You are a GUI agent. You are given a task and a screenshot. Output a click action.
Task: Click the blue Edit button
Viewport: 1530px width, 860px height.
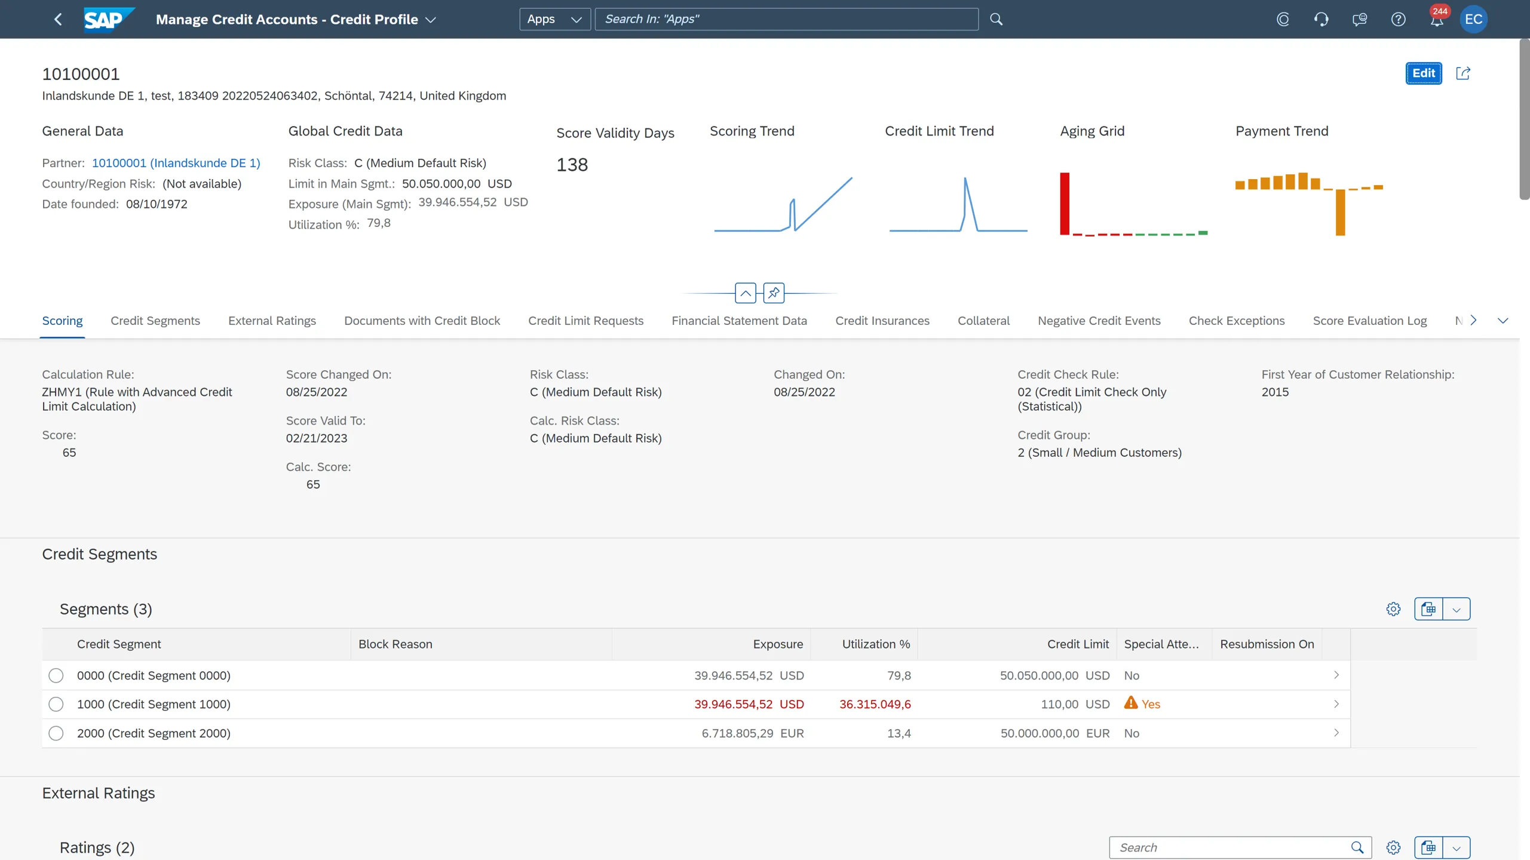click(1423, 73)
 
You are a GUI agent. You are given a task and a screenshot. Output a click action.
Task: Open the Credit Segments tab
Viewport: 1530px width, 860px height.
click(155, 321)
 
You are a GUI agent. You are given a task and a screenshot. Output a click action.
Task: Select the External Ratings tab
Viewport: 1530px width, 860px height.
click(272, 321)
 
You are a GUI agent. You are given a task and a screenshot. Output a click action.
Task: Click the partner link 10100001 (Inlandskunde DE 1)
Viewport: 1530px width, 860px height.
click(176, 163)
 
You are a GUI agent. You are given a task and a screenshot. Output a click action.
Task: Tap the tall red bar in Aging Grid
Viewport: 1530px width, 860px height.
click(1065, 204)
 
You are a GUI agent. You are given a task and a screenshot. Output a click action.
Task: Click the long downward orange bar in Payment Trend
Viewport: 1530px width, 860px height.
click(1340, 212)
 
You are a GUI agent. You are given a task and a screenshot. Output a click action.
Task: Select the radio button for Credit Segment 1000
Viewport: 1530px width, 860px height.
click(56, 704)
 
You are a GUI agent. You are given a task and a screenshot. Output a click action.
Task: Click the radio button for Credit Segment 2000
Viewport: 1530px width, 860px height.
click(56, 733)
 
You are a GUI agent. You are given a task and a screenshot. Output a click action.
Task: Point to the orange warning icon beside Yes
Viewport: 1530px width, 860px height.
click(1130, 703)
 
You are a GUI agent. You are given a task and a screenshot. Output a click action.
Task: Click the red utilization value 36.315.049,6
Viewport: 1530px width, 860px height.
click(875, 704)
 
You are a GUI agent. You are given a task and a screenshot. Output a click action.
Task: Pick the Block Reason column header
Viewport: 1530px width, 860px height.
click(395, 644)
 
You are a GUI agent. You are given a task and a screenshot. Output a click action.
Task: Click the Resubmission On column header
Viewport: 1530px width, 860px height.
click(1267, 644)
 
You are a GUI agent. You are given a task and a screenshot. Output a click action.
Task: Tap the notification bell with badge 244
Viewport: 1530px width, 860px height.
click(1436, 20)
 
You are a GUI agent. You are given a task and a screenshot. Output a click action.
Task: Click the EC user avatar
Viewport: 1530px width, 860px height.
click(1473, 19)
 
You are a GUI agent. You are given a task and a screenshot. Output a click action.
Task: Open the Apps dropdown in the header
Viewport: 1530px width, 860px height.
click(554, 19)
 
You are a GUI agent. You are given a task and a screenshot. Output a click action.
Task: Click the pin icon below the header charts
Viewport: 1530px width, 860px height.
click(774, 293)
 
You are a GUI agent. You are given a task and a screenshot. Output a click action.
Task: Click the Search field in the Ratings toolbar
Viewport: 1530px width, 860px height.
click(1231, 847)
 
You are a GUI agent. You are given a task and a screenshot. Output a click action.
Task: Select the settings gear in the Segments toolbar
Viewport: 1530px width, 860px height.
click(1393, 609)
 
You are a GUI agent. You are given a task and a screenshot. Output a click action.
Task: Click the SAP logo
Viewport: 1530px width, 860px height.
click(107, 19)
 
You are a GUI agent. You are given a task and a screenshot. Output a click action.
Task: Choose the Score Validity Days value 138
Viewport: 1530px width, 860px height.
click(572, 165)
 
